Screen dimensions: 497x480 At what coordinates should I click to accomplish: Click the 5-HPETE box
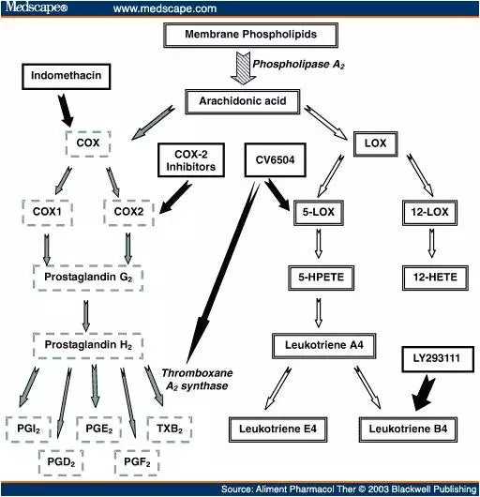point(323,278)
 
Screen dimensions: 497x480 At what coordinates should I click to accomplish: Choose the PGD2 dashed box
point(61,460)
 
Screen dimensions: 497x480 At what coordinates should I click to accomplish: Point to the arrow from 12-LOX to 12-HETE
point(430,245)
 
